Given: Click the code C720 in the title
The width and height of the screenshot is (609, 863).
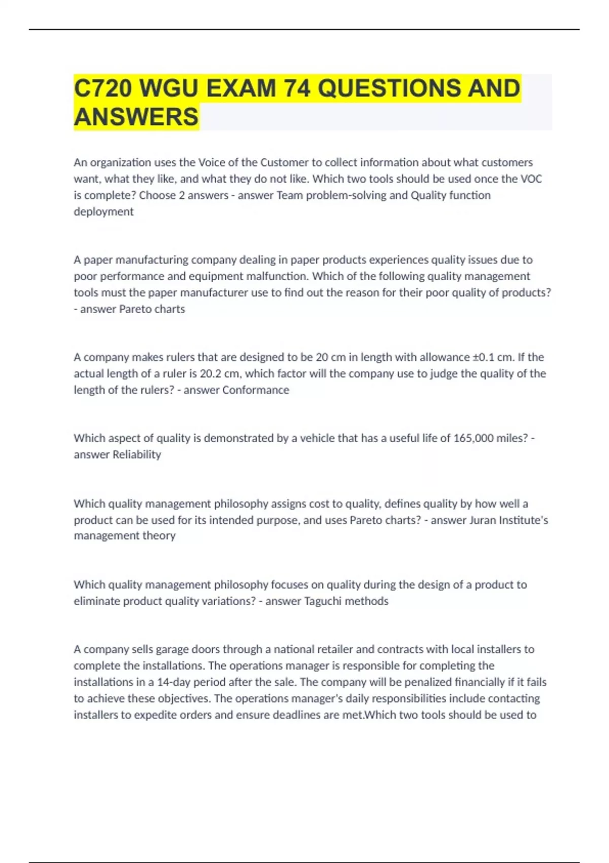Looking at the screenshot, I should coord(103,88).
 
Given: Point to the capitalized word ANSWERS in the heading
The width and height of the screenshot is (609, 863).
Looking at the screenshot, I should coord(136,117).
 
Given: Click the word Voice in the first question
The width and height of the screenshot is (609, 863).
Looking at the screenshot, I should coord(212,162).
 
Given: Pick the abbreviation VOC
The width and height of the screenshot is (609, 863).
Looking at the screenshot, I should coord(531,179).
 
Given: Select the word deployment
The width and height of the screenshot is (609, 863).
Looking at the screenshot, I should coord(104,212).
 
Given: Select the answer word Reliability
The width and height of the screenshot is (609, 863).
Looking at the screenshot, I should coord(137,454).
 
